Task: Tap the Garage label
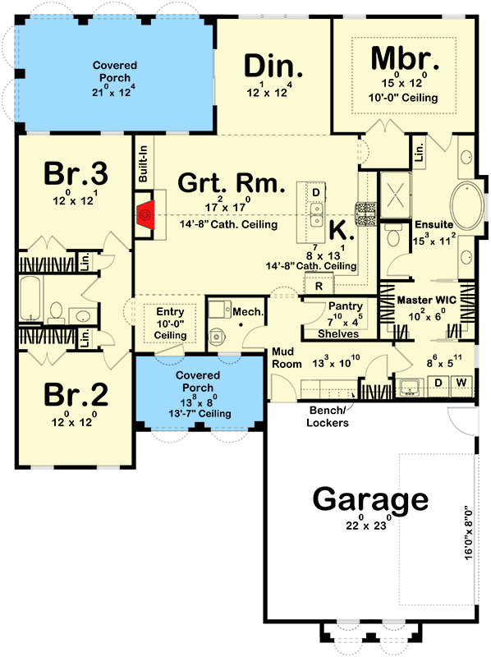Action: tap(370, 498)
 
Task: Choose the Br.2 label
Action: tap(75, 395)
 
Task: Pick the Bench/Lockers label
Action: tap(328, 416)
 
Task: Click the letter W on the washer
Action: tap(462, 383)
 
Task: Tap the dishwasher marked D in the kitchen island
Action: tap(315, 191)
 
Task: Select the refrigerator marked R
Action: tap(319, 286)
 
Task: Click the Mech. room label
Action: tap(248, 312)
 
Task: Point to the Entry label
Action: tap(171, 312)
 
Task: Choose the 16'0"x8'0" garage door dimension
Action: tap(469, 533)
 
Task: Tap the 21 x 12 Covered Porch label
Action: tap(114, 66)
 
